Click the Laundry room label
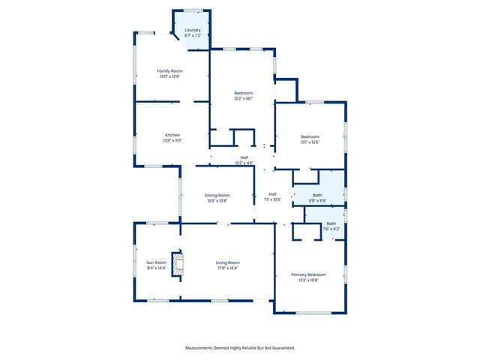(193, 30)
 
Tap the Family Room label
(170, 70)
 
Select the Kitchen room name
(172, 135)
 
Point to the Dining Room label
(217, 196)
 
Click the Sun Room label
(156, 262)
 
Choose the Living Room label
(227, 262)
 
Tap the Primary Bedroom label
(310, 275)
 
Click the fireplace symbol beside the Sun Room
(178, 264)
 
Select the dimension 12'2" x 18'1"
(243, 98)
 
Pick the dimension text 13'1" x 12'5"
(310, 142)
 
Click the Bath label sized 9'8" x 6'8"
(318, 195)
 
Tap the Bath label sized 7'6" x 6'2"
(331, 223)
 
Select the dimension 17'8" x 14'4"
(227, 268)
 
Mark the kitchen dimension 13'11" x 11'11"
(172, 140)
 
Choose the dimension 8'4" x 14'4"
(156, 268)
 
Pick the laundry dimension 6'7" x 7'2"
(193, 35)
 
